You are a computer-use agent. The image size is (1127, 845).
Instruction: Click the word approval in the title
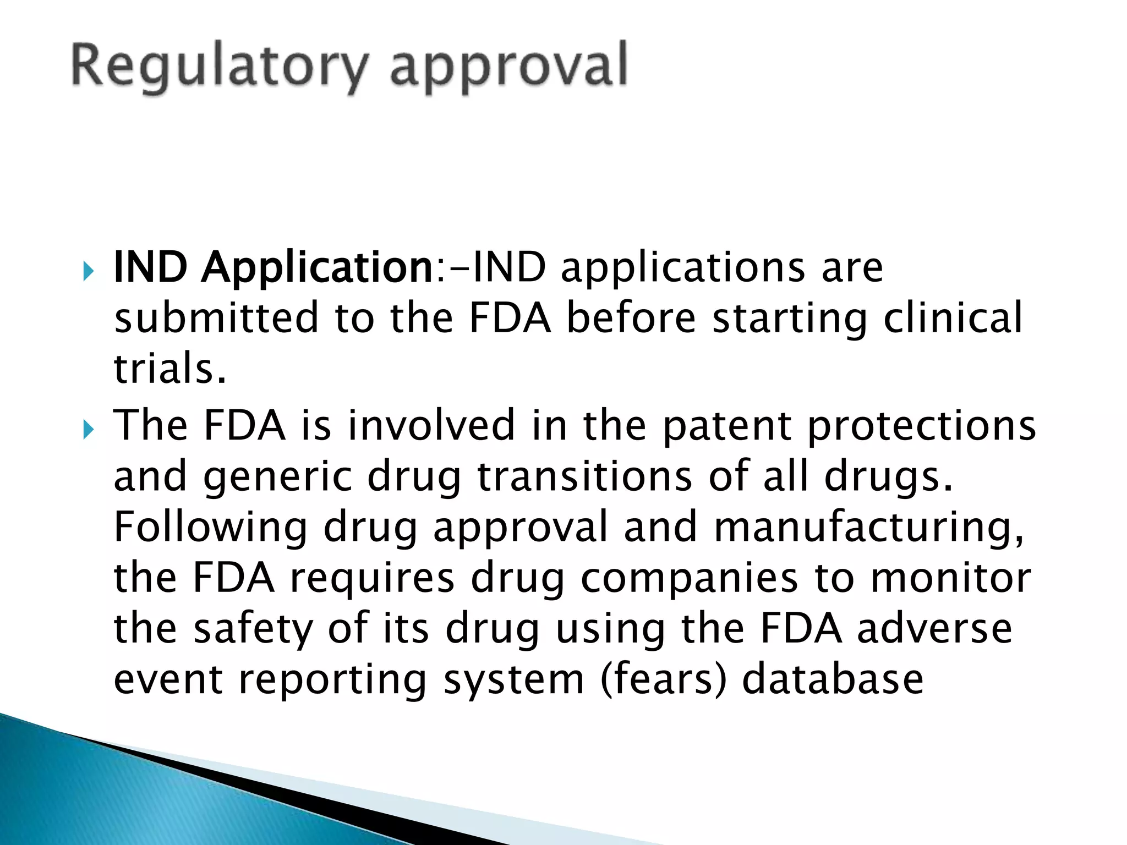point(508,67)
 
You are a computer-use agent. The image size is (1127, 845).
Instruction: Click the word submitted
point(216,317)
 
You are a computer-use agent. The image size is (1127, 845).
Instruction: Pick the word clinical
point(953,317)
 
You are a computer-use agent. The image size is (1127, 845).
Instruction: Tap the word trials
point(170,368)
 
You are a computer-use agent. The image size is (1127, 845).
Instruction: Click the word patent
point(727,426)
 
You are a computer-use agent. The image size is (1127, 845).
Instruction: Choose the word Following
point(210,528)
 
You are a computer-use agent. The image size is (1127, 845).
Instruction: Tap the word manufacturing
point(869,528)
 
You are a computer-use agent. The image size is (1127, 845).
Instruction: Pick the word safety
point(253,629)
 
